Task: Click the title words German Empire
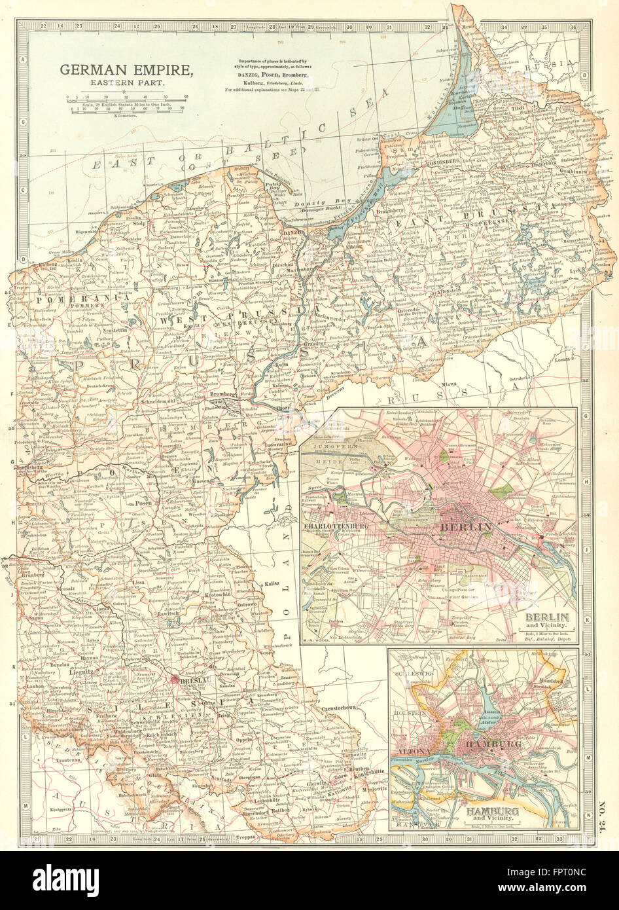pos(127,69)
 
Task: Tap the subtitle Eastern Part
pos(127,84)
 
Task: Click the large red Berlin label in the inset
pos(466,527)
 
